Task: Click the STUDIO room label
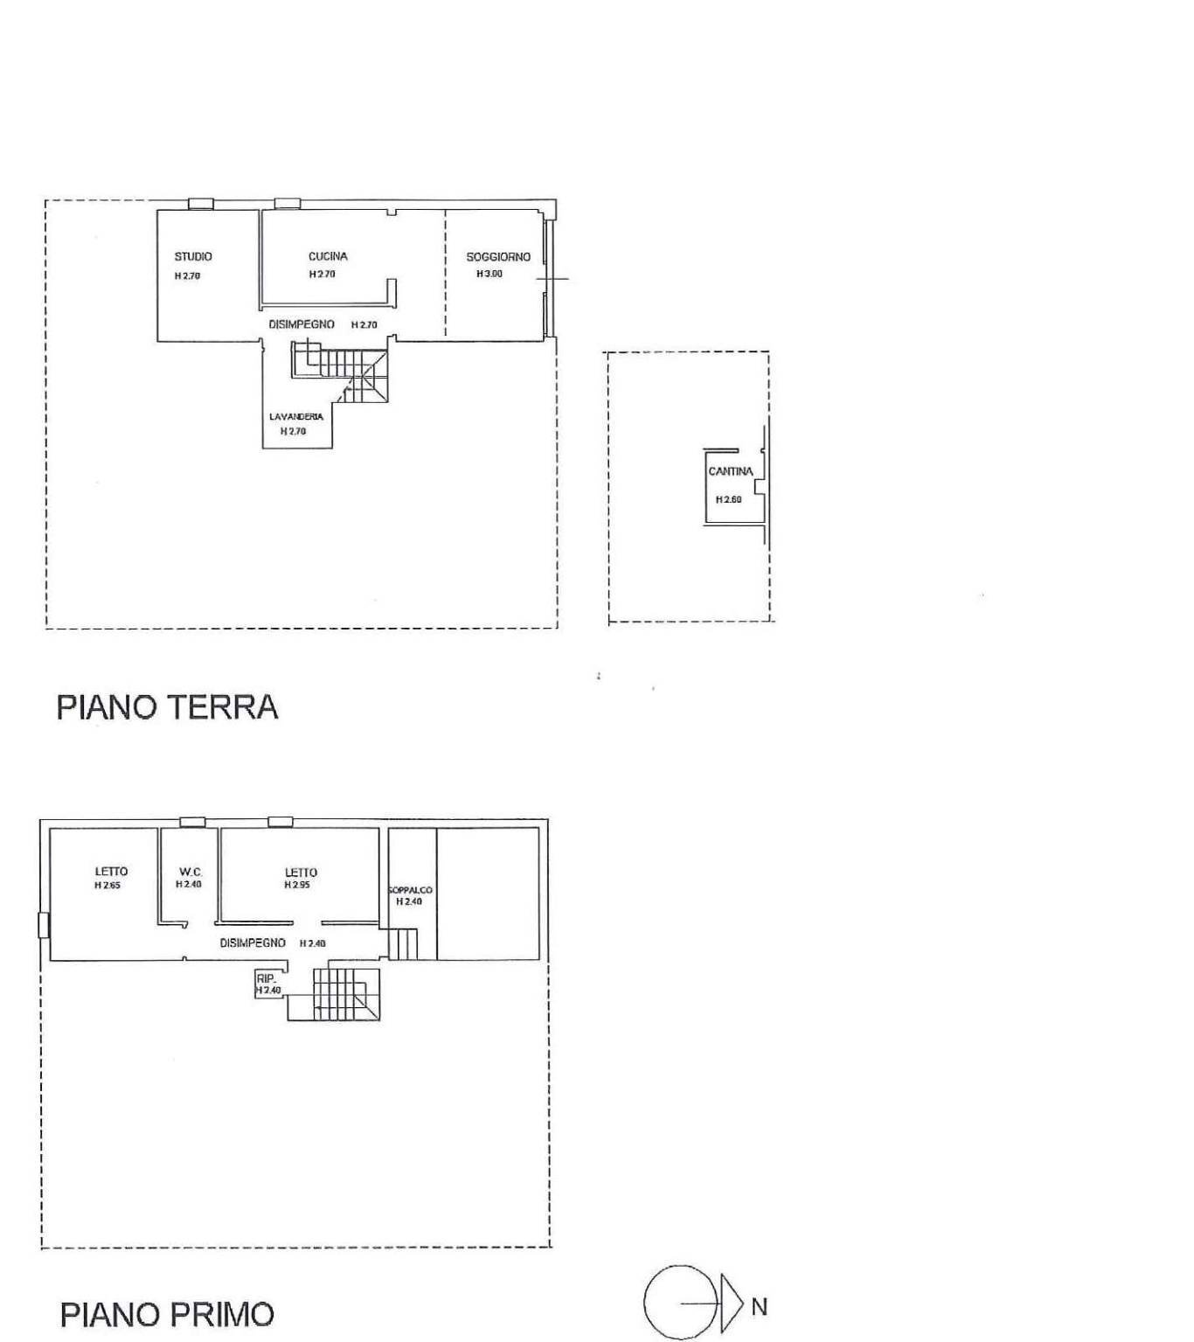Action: (193, 256)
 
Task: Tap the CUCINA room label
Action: (328, 256)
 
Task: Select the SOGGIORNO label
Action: (498, 257)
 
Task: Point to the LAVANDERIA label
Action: (296, 416)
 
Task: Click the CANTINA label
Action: (730, 471)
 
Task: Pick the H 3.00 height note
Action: (489, 274)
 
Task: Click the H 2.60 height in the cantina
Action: (728, 500)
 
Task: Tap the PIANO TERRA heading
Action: (167, 706)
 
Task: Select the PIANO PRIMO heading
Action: (167, 1314)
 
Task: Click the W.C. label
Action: (191, 872)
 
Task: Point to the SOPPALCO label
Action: (410, 890)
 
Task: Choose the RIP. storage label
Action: (265, 978)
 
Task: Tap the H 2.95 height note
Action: (298, 885)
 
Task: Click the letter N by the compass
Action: (759, 1306)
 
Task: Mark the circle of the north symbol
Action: (680, 1302)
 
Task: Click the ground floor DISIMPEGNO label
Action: (302, 324)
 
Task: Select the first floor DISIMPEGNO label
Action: (253, 943)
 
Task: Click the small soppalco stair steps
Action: (402, 944)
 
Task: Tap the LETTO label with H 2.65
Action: (111, 871)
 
